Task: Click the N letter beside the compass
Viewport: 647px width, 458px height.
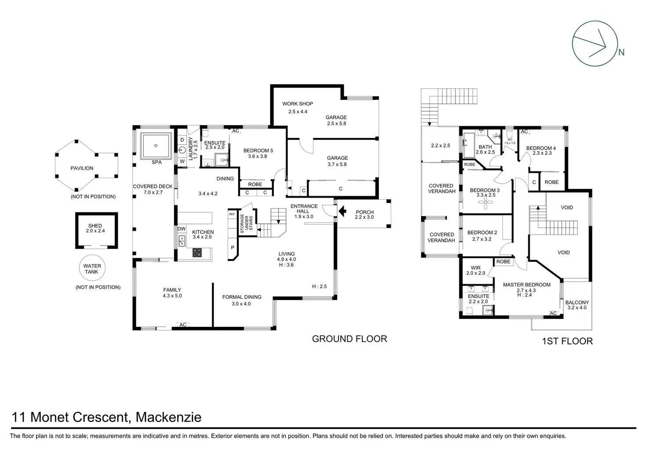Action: click(x=622, y=52)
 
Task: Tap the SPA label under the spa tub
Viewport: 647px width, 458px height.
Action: click(x=156, y=162)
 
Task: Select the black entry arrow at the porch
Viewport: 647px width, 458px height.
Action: click(x=342, y=211)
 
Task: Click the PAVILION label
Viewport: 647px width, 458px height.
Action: click(x=82, y=168)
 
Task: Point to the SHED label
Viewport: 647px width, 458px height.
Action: click(x=95, y=226)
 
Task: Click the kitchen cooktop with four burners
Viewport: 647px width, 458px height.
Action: click(x=197, y=253)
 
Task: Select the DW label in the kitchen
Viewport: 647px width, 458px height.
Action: click(x=182, y=229)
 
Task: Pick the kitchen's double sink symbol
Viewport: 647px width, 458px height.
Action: click(x=182, y=241)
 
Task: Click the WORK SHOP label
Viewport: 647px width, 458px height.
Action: click(x=298, y=104)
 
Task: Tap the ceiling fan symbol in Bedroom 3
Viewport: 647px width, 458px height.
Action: click(x=485, y=203)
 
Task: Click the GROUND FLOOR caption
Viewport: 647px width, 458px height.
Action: click(x=349, y=339)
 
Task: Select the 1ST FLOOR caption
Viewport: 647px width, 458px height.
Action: click(x=567, y=341)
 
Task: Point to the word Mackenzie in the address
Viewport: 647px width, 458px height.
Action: click(x=168, y=417)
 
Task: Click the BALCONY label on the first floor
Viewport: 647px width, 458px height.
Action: click(x=577, y=302)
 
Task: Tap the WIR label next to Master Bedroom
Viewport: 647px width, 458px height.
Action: click(x=476, y=268)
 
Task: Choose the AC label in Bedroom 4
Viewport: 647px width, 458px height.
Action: click(x=524, y=132)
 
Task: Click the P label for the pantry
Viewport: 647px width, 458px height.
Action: click(x=233, y=248)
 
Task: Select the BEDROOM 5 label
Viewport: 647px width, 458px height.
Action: click(x=258, y=150)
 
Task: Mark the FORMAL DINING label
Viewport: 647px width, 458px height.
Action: click(x=242, y=297)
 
